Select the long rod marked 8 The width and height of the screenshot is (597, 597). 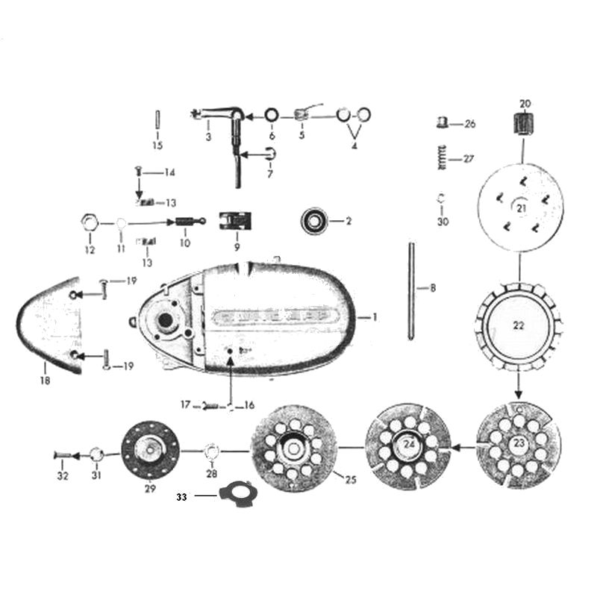(411, 289)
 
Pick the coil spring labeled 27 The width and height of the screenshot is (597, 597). (445, 159)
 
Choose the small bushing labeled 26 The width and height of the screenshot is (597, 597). (443, 123)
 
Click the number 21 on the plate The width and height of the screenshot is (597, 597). (521, 207)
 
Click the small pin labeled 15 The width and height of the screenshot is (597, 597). (157, 120)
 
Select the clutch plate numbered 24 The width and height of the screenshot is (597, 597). (407, 446)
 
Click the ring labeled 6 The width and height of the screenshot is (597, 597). (271, 116)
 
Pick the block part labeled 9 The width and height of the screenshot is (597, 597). (234, 222)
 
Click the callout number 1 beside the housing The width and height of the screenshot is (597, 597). (375, 317)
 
